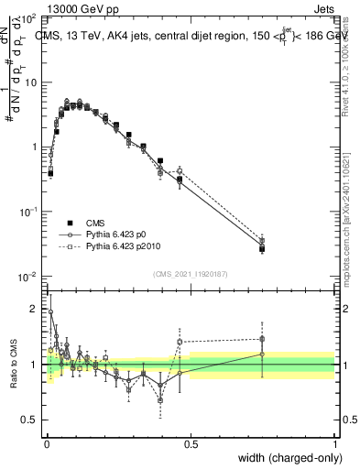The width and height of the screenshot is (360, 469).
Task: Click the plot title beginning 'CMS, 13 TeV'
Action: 183,36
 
